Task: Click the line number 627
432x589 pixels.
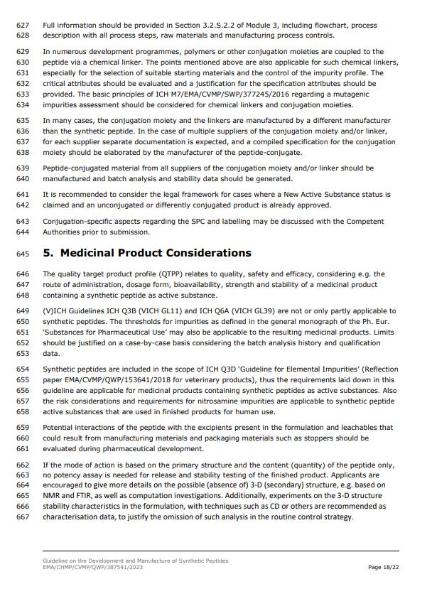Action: (x=22, y=25)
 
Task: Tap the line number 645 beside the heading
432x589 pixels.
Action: (x=22, y=254)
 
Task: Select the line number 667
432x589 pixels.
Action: (x=22, y=517)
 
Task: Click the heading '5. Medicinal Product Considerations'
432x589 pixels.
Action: (x=147, y=253)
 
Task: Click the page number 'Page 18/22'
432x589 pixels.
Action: (x=382, y=567)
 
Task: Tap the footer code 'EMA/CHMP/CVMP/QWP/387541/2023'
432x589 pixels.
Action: (x=93, y=567)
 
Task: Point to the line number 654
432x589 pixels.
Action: (x=22, y=369)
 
